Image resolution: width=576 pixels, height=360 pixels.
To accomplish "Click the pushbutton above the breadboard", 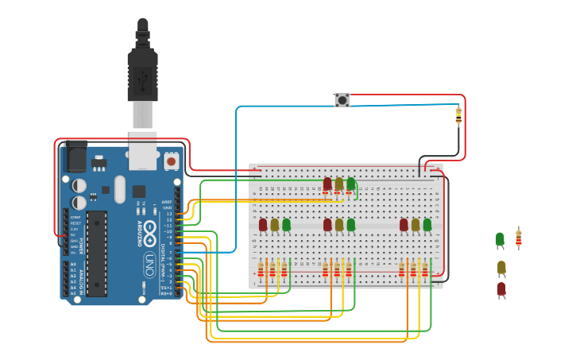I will coord(342,100).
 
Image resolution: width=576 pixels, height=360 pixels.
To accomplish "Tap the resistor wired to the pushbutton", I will coord(458,116).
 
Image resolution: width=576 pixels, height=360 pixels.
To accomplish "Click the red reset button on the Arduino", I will coord(171,161).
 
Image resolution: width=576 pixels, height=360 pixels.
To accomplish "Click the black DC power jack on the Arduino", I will coord(76,157).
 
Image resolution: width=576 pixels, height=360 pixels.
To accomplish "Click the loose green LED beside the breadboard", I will coord(500,239).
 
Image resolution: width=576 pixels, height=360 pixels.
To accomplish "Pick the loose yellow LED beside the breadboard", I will coord(501,268).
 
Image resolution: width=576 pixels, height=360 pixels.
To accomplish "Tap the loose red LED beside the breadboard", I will coord(501,289).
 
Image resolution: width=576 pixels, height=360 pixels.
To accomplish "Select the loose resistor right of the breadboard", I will coord(519,238).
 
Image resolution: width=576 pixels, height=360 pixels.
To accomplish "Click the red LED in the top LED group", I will coord(327,184).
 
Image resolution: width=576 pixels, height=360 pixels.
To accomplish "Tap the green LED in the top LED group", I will coord(350,184).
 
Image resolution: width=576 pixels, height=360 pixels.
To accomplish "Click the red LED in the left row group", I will coord(263,225).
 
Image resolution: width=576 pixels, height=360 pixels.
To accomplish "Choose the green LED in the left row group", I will coord(286,225).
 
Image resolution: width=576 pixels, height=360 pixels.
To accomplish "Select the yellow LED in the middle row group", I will coord(339,225).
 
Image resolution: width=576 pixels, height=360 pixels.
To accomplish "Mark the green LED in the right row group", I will coord(427,225).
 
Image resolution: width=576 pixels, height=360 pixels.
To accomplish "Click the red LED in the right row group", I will coord(404,225).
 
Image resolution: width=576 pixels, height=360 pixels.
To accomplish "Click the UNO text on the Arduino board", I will coord(149,265).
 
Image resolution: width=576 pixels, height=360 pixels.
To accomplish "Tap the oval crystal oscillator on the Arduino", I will coord(120,189).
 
